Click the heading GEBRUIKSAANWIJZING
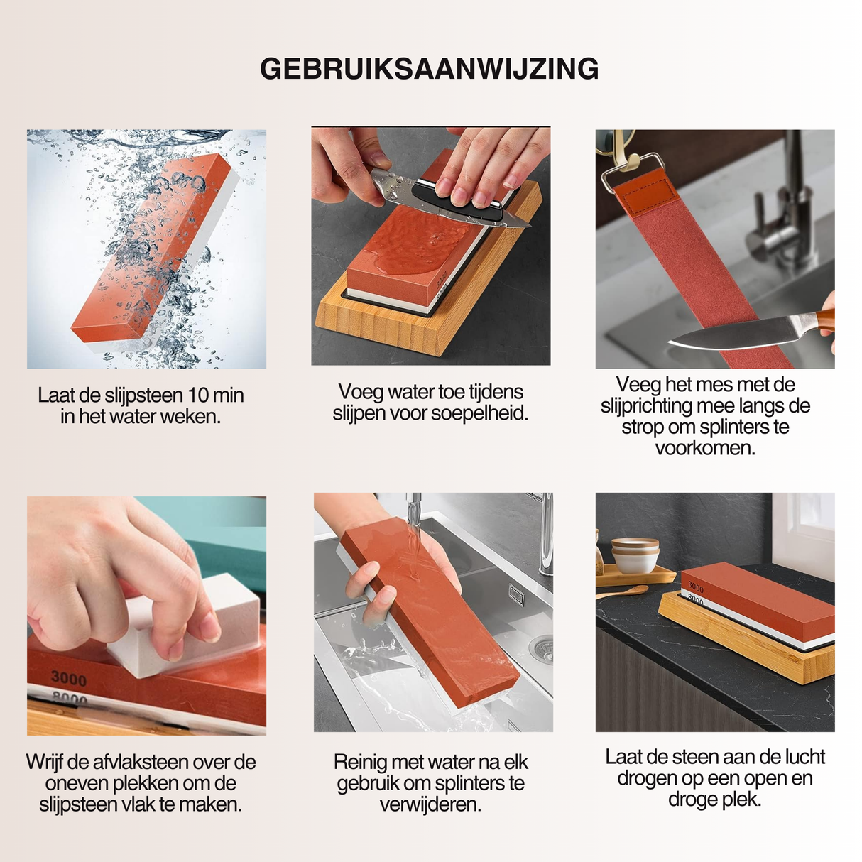[430, 69]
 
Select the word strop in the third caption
[639, 427]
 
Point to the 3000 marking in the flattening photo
[68, 679]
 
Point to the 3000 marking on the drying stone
[696, 588]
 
